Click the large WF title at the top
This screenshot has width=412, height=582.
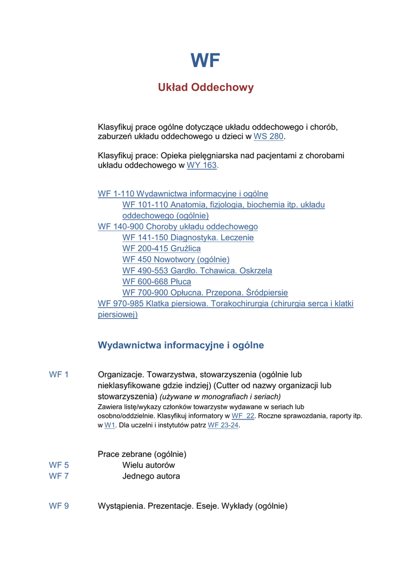pyautogui.click(x=205, y=61)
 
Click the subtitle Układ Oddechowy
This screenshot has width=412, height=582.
pyautogui.click(x=206, y=88)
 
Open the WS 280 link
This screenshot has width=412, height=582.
pyautogui.click(x=268, y=137)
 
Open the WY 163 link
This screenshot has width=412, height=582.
pyautogui.click(x=202, y=165)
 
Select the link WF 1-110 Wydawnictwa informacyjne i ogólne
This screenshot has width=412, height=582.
pyautogui.click(x=183, y=194)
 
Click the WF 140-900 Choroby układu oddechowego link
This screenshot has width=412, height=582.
pyautogui.click(x=178, y=227)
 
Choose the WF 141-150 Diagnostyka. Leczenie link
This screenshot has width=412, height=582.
pyautogui.click(x=188, y=238)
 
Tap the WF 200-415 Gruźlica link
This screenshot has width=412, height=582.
pyautogui.click(x=161, y=248)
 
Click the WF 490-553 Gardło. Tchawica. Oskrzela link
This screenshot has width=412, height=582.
pyautogui.click(x=197, y=271)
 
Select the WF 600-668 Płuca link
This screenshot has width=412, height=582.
pyautogui.click(x=157, y=282)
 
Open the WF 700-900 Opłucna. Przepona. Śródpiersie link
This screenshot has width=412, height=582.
pyautogui.click(x=205, y=293)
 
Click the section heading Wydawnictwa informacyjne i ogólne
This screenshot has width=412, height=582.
pyautogui.click(x=181, y=346)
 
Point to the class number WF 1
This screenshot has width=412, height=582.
pyautogui.click(x=59, y=375)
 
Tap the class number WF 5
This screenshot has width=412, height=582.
pyautogui.click(x=59, y=465)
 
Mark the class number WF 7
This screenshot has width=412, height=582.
pyautogui.click(x=59, y=476)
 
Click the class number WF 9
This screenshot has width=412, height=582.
pyautogui.click(x=59, y=506)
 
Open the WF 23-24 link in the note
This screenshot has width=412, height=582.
pyautogui.click(x=223, y=425)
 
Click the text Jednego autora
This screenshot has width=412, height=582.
pyautogui.click(x=151, y=476)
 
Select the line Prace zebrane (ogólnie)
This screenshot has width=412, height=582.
pyautogui.click(x=142, y=454)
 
